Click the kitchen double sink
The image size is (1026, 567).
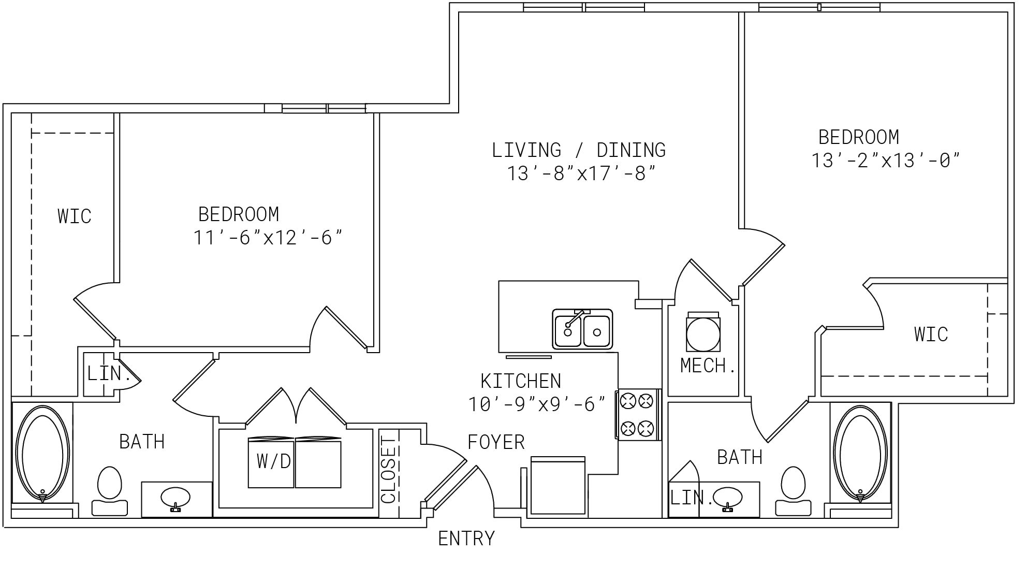coord(582,329)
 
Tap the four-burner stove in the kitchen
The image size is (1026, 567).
coord(638,415)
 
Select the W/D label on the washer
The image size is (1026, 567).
coord(274,461)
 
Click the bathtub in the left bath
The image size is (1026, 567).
coord(42,454)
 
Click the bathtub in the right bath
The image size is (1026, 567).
coord(860,454)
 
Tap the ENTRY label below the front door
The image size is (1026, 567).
coord(466,539)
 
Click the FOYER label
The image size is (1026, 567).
coord(496,442)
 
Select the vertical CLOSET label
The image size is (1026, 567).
coord(388,469)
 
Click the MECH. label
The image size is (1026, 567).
coord(708,366)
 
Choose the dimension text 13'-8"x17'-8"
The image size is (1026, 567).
coord(581,173)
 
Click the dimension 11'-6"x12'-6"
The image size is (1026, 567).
coord(268,238)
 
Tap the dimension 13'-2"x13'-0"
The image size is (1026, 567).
coord(885,161)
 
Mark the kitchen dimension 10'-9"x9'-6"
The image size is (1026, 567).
coord(537,404)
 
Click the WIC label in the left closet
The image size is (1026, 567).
coord(75,216)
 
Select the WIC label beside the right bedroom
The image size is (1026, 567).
coord(931,334)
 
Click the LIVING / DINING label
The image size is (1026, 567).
coord(579,150)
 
